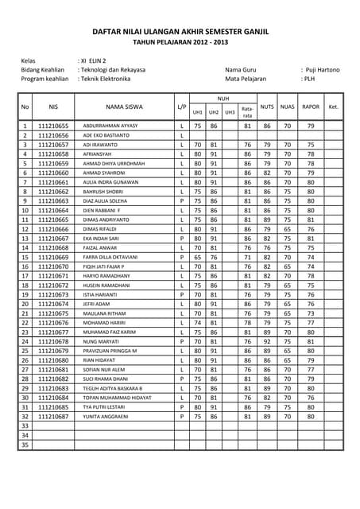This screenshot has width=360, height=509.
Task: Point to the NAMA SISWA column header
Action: tap(124, 106)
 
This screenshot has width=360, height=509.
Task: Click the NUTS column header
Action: tap(267, 106)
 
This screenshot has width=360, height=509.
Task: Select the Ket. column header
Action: tap(334, 106)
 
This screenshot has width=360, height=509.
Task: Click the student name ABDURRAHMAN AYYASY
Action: tap(110, 126)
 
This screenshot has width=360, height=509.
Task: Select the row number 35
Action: tap(25, 445)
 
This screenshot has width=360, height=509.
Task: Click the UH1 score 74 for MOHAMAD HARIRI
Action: tap(198, 323)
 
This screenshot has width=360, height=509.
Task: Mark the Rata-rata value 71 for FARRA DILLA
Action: tap(248, 257)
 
